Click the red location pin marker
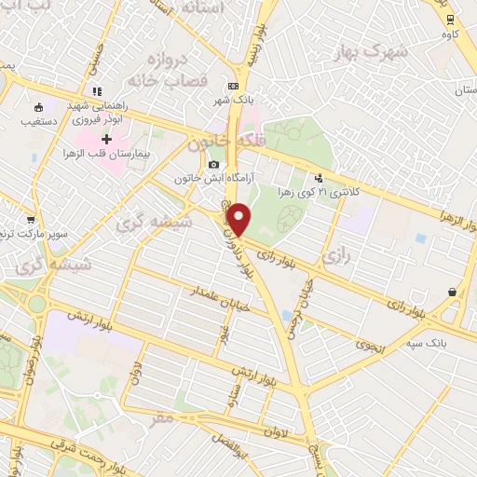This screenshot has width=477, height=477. [239, 219]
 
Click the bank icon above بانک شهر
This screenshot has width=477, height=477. [233, 86]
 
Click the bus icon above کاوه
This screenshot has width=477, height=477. [450, 19]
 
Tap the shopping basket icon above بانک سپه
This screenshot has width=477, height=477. [452, 292]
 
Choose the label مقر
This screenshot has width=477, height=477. [162, 418]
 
